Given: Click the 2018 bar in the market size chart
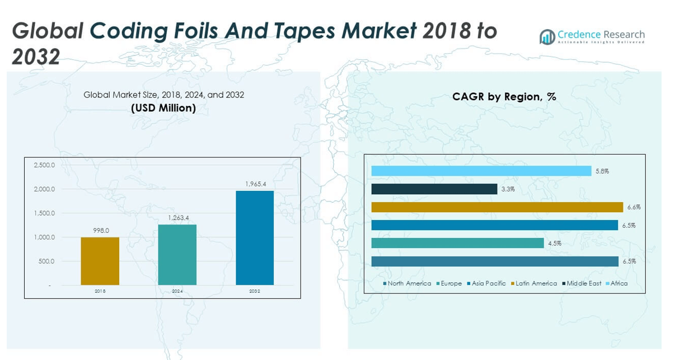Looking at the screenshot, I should [100, 261].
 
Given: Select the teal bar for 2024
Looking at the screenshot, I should [177, 255].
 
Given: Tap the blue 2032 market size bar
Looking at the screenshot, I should [255, 238].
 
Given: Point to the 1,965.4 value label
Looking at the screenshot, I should [255, 184].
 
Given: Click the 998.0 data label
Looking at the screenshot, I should [100, 230].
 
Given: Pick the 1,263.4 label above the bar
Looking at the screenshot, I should [177, 217].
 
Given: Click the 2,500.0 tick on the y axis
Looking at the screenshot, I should [44, 165].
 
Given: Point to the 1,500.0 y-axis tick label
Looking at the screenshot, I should [44, 213].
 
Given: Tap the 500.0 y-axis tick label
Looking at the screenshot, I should [46, 261].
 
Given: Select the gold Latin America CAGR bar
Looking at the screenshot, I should [497, 207].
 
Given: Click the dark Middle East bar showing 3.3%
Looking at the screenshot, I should [434, 189].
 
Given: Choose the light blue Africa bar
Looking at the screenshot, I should [481, 171].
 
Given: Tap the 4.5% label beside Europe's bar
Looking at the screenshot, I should [554, 244].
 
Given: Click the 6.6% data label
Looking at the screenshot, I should [634, 207].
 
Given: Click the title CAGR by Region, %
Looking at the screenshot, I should [504, 97].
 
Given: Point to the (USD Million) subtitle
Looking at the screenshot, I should [163, 108].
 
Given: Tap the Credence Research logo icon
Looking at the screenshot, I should [547, 38].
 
